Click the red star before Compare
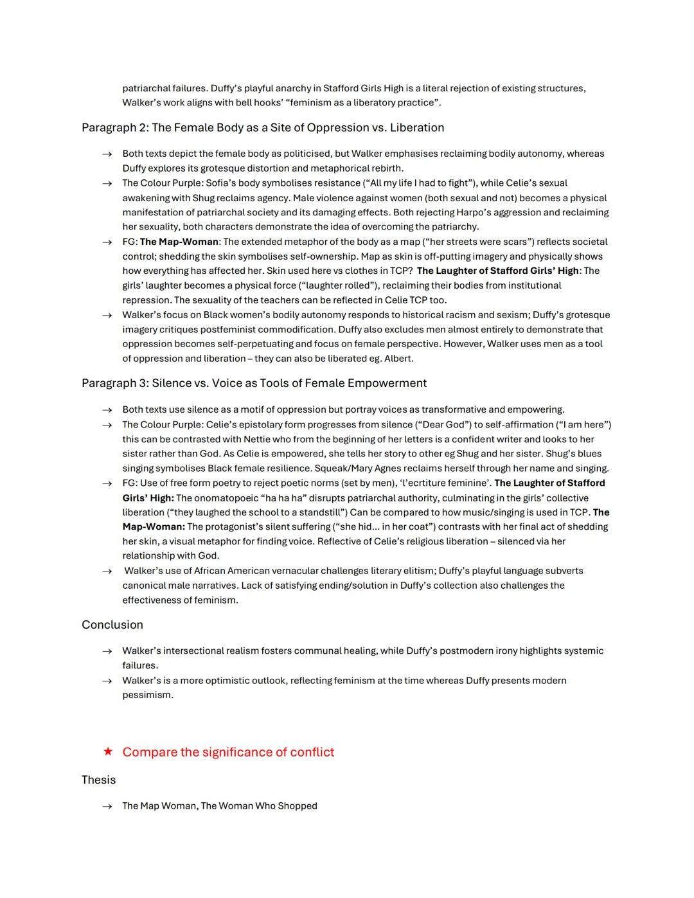(108, 751)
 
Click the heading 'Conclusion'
(112, 625)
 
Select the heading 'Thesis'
(98, 780)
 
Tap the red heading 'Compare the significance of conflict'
(228, 752)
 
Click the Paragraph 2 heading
(263, 127)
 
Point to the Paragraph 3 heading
(254, 383)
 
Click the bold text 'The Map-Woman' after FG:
(179, 242)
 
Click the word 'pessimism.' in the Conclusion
(148, 695)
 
